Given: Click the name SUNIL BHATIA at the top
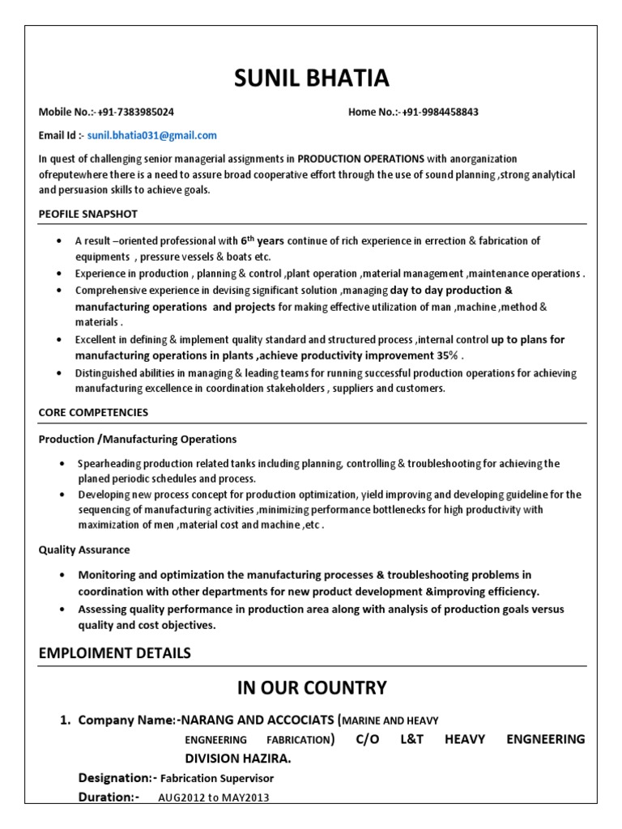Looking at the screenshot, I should (x=311, y=79).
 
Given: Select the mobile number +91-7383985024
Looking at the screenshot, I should (x=135, y=112).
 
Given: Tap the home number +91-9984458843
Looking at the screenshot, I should (x=439, y=112).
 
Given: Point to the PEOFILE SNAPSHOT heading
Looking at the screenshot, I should (x=87, y=214).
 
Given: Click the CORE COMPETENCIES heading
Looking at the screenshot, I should (x=93, y=412).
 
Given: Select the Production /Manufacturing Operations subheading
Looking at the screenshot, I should (x=138, y=439).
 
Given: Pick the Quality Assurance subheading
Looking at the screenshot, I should (x=84, y=550).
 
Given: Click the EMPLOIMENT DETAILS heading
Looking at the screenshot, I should (x=115, y=653).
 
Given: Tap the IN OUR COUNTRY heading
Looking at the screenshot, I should (x=311, y=688).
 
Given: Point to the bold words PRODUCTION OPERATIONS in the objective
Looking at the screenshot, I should (x=360, y=159).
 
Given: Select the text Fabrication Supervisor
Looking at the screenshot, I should (x=217, y=779).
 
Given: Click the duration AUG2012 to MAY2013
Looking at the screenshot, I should (x=213, y=797).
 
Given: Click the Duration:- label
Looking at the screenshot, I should (x=109, y=797).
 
